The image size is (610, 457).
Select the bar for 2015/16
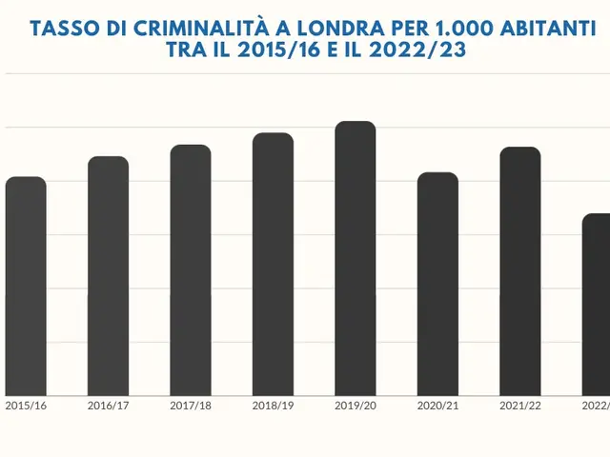point(26,286)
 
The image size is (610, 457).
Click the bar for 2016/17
point(108,276)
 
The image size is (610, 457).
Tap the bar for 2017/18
point(191,270)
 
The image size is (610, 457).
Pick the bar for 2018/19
point(273,264)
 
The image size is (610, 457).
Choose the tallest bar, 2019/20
point(356,258)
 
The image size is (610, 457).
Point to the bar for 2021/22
point(519,271)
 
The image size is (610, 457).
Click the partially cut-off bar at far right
point(597,305)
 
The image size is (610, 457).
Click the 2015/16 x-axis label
point(26,406)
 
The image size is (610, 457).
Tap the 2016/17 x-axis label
point(108,406)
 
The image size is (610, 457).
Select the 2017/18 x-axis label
point(191,406)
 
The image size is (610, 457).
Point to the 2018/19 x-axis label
point(273,406)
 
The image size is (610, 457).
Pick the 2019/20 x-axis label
point(356,406)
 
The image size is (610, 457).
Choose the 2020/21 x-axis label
point(437,406)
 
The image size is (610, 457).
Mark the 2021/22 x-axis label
point(519,406)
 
